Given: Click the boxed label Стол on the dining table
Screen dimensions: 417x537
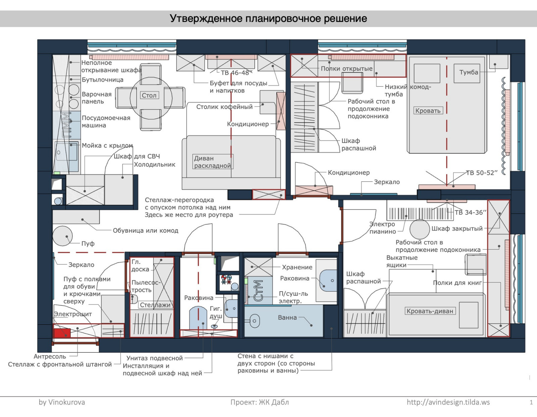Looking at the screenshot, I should pos(149,96).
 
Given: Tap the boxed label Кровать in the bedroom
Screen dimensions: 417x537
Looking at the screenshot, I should pos(428,111).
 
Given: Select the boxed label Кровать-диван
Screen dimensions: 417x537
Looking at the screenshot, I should pos(430,311).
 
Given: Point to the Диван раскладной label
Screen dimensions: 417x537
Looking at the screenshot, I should pos(212,162).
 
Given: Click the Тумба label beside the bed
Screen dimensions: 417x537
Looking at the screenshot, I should pos(469,72).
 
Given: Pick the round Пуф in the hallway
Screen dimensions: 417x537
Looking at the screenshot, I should pos(62,236).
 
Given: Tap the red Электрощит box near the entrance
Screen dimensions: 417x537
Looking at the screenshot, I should pos(62,333).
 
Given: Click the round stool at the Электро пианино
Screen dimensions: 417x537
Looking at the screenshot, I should pos(420,229).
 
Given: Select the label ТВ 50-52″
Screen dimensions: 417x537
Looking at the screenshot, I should pos(481,173).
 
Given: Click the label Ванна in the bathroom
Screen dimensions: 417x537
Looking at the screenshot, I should pos(287,317).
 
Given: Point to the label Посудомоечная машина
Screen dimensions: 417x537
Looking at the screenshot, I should pos(106,121).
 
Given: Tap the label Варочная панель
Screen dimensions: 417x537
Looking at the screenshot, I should pos(97,98).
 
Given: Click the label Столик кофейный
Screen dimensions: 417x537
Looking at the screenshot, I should pos(224,107).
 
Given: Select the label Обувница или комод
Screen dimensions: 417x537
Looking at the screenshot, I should pos(145,231).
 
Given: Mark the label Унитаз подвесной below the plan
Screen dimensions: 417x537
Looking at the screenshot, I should pos(154,358).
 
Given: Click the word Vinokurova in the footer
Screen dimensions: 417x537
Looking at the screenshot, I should pos(66,402).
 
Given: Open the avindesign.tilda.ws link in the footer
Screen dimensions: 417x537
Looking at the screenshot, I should pos(448,402).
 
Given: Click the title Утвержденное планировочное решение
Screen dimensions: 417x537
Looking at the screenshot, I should pos(268,18).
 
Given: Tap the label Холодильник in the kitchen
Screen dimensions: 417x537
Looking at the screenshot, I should pos(154,165).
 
